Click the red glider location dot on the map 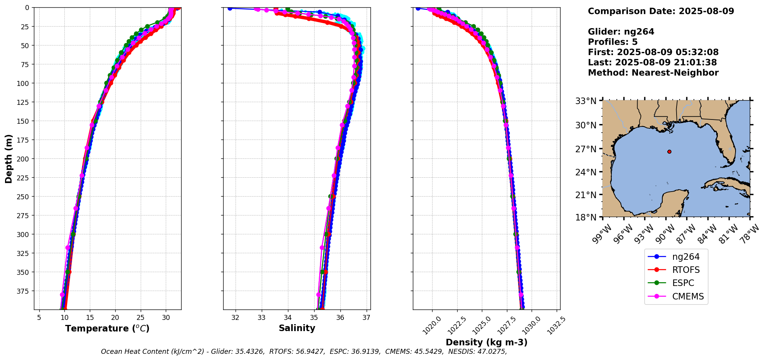click(669, 151)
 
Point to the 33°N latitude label click(586, 101)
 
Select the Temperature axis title click(107, 328)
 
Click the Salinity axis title click(297, 328)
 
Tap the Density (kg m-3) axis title click(487, 342)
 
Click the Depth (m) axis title click(9, 158)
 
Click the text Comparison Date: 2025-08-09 click(661, 11)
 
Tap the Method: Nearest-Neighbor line click(653, 73)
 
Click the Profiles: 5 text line click(613, 42)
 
